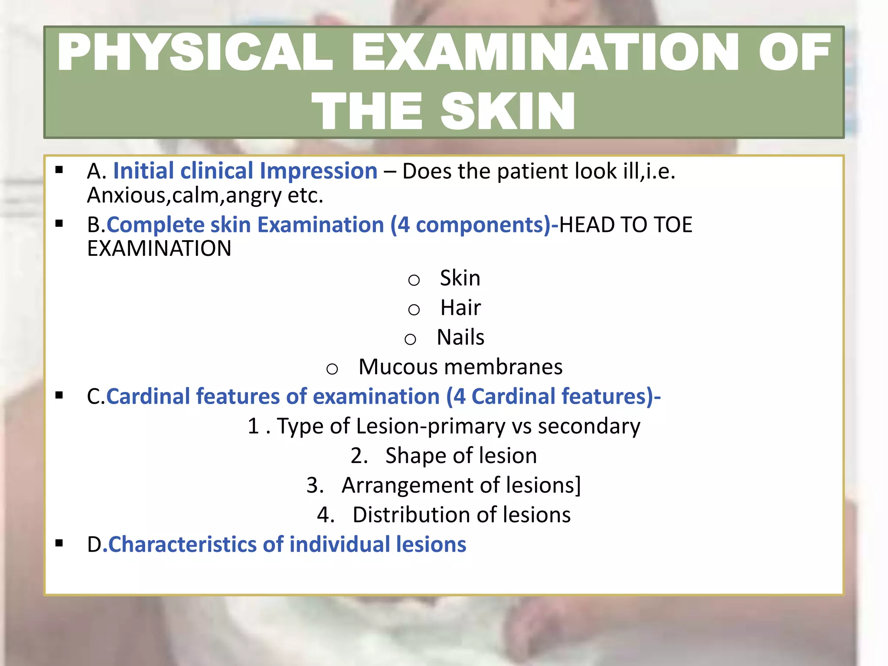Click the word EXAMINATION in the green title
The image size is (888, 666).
point(545,52)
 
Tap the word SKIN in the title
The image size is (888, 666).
point(508,111)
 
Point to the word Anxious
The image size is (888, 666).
point(126,195)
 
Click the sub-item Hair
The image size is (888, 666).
point(460,308)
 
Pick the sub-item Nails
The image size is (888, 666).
point(460,337)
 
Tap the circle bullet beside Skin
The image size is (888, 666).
point(414,280)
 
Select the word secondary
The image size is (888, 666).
point(589,426)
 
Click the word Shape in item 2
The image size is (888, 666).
point(416,456)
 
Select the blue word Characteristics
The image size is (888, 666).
point(182,545)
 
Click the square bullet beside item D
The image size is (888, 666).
point(59,543)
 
